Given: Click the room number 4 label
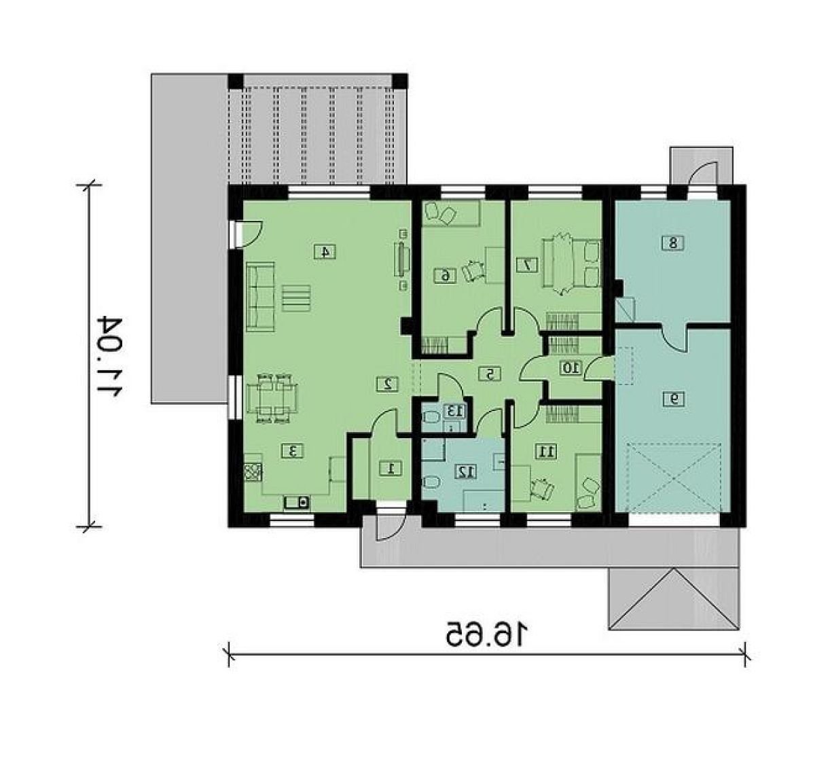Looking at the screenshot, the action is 325,251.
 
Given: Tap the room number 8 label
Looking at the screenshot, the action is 673,243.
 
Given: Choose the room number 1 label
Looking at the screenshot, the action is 391,468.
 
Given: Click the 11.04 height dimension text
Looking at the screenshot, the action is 110,355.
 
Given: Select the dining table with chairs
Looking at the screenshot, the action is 272,398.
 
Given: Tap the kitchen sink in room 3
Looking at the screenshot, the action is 296,502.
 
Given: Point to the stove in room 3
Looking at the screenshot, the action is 253,472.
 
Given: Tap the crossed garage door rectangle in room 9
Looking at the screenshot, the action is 674,478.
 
